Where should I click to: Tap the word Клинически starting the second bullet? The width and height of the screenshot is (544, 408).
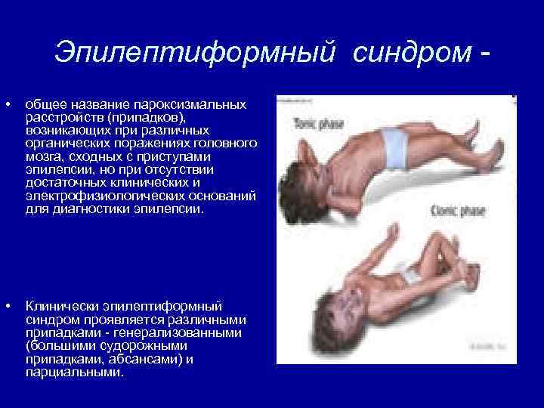point(60,306)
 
